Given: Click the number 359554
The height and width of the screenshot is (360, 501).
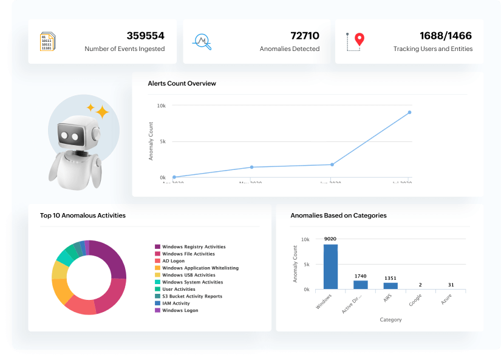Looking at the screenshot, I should (145, 36).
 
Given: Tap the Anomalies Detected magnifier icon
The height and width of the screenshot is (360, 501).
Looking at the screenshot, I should (201, 41).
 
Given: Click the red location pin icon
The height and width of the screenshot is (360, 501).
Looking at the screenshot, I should (360, 39).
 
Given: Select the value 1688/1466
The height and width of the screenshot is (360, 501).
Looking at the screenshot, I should (445, 36).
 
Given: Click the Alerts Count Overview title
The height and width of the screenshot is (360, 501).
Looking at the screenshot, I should (182, 83).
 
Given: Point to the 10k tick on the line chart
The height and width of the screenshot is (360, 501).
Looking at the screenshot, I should (162, 106).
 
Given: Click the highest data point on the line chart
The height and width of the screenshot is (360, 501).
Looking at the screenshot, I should (409, 112).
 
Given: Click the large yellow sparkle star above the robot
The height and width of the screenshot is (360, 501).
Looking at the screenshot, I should (102, 112).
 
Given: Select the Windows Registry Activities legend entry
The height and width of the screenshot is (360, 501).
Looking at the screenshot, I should (189, 247).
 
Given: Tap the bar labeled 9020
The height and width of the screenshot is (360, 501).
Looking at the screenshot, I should (330, 267).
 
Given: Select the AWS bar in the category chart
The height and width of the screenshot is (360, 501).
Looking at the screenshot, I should (390, 285).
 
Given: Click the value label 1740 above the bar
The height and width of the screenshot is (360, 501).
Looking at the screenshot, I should (361, 276).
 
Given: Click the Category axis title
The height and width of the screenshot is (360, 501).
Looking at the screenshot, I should (390, 319).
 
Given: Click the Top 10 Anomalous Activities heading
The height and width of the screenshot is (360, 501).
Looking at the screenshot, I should (83, 215).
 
